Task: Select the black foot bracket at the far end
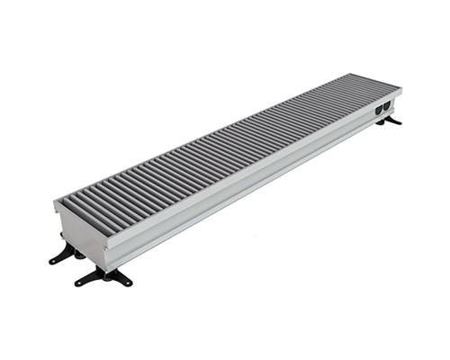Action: click(391, 120)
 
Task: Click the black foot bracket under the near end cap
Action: click(64, 254)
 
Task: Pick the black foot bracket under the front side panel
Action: click(105, 275)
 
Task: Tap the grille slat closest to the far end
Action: click(385, 83)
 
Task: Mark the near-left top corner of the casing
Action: click(55, 201)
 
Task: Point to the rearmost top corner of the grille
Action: click(369, 74)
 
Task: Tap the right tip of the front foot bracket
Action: click(130, 283)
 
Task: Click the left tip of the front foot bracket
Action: click(76, 283)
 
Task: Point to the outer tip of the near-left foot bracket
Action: click(50, 262)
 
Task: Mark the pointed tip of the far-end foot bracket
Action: click(400, 122)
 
